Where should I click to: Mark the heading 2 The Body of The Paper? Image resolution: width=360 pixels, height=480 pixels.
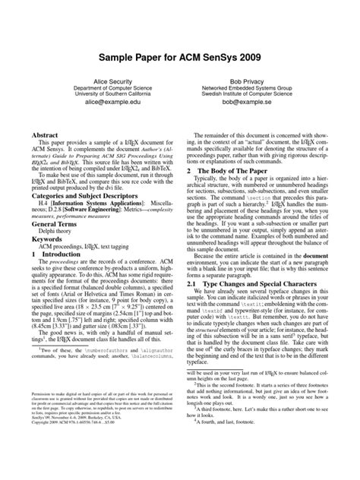coord(231,172)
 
